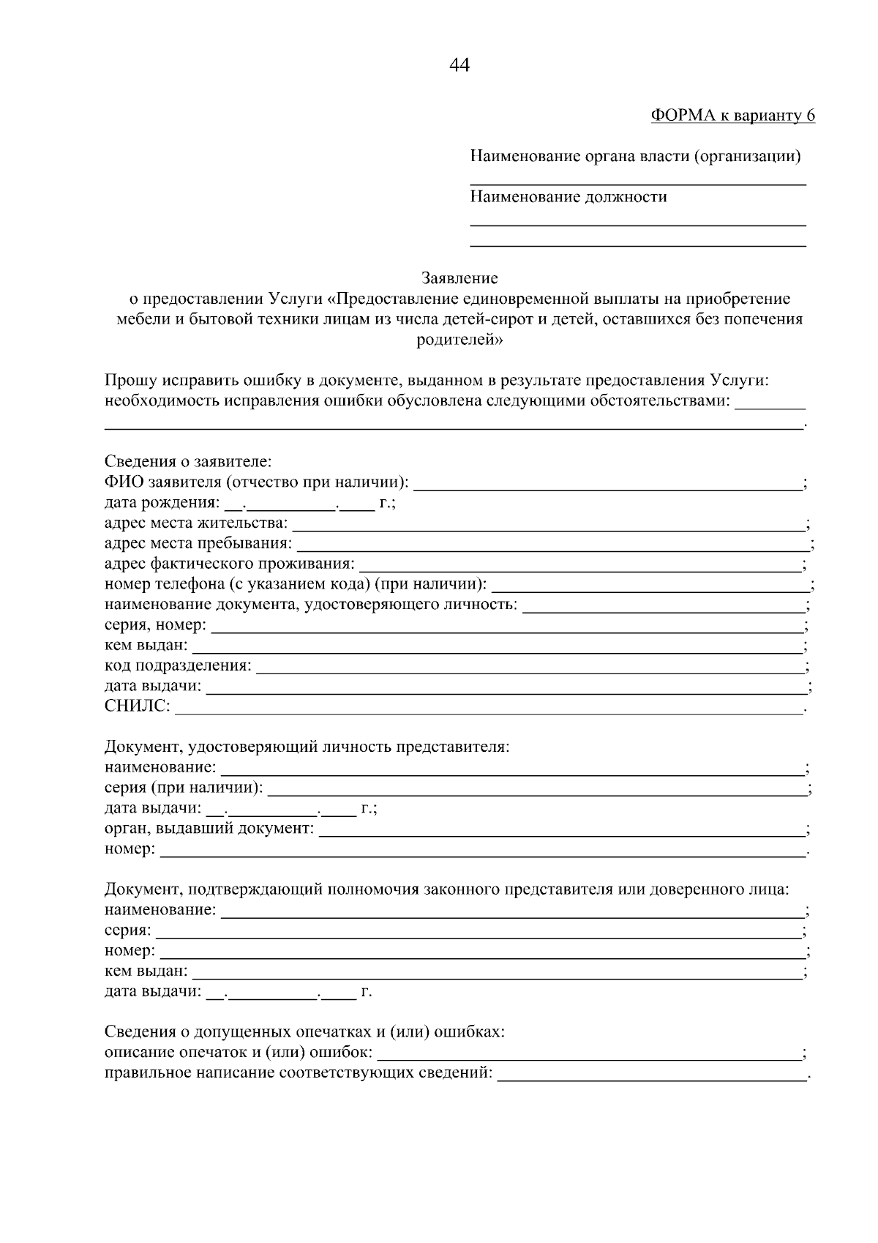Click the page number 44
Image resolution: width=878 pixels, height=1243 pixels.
click(459, 65)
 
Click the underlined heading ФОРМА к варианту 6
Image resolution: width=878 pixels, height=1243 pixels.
click(732, 116)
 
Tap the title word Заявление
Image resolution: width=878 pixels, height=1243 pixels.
click(459, 278)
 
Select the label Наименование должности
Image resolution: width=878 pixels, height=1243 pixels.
click(568, 196)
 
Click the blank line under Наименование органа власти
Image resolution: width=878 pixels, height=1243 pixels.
click(637, 183)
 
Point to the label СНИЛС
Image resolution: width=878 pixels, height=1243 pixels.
click(138, 706)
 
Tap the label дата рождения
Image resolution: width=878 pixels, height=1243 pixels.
click(161, 503)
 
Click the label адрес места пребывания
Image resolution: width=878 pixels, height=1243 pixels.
click(198, 544)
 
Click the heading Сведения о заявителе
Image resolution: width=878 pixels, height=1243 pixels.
click(188, 462)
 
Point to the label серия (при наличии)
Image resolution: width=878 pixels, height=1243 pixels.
click(183, 788)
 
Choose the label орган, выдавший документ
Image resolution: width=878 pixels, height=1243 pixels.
click(209, 829)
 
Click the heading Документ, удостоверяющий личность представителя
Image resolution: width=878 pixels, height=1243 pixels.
click(307, 747)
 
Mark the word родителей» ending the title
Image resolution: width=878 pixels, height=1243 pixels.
click(459, 340)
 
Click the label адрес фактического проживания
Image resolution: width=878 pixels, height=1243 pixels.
click(229, 564)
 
